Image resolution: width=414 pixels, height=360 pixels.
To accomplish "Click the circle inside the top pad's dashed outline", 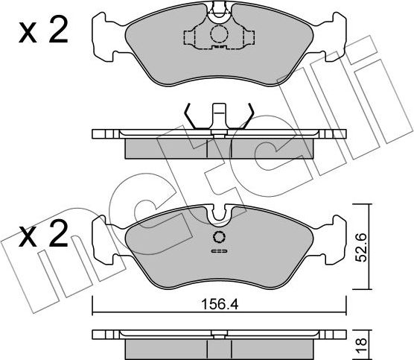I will coord(218,34).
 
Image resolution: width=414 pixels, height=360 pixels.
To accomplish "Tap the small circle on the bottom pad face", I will coord(218,238).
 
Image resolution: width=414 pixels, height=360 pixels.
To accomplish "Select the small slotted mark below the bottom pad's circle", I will coord(218,252).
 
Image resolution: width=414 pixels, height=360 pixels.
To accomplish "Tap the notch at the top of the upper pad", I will coord(218,10).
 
